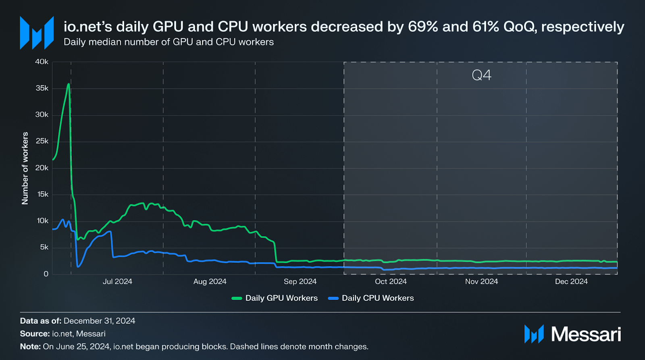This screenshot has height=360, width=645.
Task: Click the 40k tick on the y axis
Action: (42, 62)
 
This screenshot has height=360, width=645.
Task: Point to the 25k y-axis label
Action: (42, 141)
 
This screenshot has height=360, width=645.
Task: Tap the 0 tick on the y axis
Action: (46, 274)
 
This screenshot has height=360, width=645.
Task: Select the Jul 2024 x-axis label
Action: (117, 281)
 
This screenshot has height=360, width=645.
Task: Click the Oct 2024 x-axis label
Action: (391, 281)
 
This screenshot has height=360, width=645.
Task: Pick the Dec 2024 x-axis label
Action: (571, 281)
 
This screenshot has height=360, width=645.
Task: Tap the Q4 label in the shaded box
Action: (481, 75)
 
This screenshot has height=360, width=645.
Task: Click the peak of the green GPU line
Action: (69, 84)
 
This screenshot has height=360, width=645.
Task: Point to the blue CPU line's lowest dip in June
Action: (78, 266)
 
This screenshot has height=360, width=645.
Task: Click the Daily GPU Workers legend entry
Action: (281, 298)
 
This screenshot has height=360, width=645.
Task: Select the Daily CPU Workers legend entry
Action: (377, 298)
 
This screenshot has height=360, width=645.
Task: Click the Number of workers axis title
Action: (25, 168)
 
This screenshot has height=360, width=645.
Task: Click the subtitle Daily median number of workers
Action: (169, 42)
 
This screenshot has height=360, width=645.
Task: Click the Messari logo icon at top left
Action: (37, 33)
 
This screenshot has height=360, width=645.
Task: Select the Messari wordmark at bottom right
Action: (586, 334)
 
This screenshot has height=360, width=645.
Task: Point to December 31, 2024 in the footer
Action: (99, 321)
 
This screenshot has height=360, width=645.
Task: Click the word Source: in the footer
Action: (35, 334)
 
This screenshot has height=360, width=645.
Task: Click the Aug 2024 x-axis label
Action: (210, 281)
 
